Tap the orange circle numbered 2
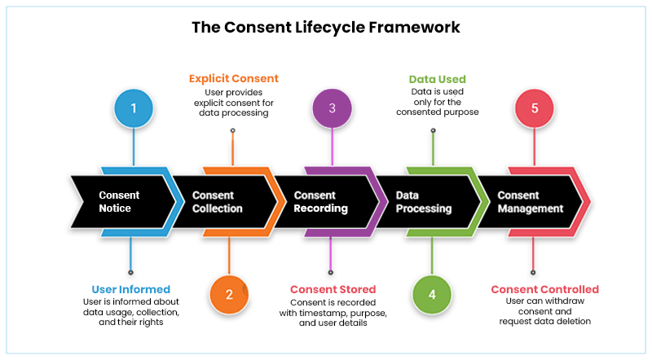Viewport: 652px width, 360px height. (x=229, y=295)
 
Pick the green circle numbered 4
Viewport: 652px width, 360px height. (x=433, y=295)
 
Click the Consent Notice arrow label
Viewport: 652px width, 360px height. (x=119, y=202)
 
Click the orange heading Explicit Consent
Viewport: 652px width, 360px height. (x=233, y=79)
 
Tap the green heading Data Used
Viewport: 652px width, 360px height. (x=437, y=80)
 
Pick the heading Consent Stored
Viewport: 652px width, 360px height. (x=333, y=289)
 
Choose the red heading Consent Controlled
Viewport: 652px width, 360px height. (x=544, y=289)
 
